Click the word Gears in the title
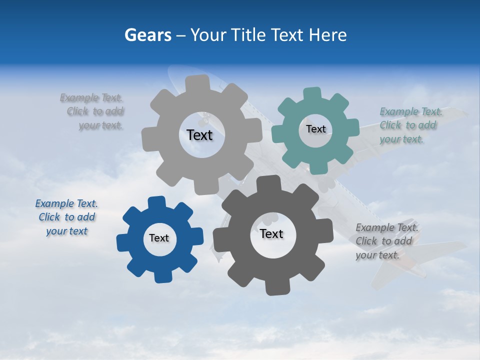147,35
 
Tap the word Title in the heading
248,35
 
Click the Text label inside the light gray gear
199,135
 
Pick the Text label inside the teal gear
315,129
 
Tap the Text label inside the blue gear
159,238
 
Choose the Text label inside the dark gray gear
271,233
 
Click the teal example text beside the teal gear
409,125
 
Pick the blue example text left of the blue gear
66,217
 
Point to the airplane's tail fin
400,270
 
